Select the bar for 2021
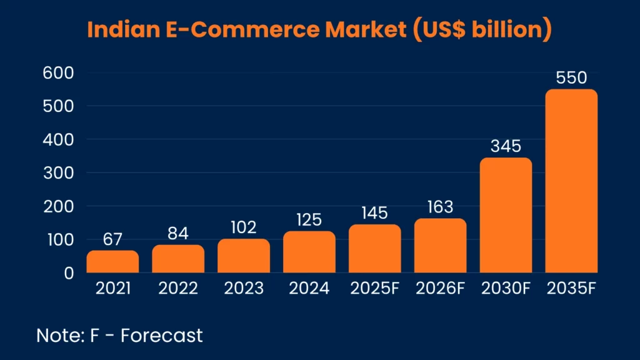pyautogui.click(x=112, y=262)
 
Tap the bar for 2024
pyautogui.click(x=309, y=252)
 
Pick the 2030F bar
pyautogui.click(x=506, y=216)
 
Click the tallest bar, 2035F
pyautogui.click(x=571, y=181)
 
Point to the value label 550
pyautogui.click(x=571, y=79)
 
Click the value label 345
pyautogui.click(x=506, y=147)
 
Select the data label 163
pyautogui.click(x=440, y=207)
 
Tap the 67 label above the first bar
pyautogui.click(x=112, y=240)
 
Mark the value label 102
pyautogui.click(x=244, y=228)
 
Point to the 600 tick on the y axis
pyautogui.click(x=59, y=73)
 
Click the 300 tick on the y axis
pyautogui.click(x=59, y=173)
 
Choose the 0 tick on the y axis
pyautogui.click(x=67, y=273)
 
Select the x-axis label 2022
pyautogui.click(x=178, y=289)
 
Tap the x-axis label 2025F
pyautogui.click(x=375, y=289)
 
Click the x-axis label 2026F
pyautogui.click(x=440, y=289)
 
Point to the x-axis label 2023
pyautogui.click(x=244, y=289)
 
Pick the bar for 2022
pyautogui.click(x=178, y=259)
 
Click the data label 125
pyautogui.click(x=309, y=220)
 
